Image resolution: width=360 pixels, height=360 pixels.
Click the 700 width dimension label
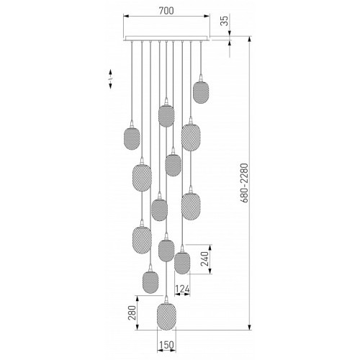(166, 11)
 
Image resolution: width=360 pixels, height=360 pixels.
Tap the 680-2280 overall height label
(243, 183)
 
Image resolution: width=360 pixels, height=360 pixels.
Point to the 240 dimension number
(204, 259)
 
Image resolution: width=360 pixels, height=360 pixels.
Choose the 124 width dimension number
(182, 289)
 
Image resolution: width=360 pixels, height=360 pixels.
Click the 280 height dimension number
(132, 312)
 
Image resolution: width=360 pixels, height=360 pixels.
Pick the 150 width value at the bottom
(166, 345)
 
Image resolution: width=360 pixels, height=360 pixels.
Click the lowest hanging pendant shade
(166, 317)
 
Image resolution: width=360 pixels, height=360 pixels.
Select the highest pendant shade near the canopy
(201, 93)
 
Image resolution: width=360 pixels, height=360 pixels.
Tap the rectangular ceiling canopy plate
(166, 38)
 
